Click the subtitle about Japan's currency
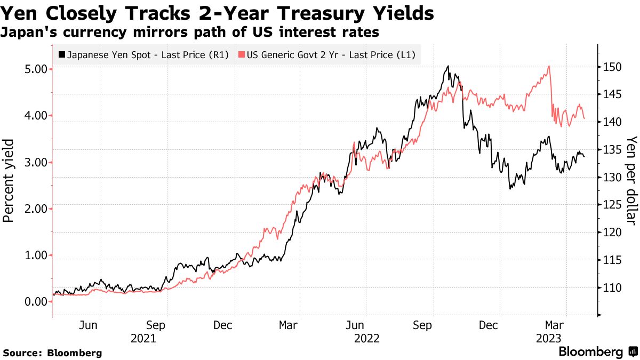[x=190, y=33]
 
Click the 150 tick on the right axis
[x=609, y=67]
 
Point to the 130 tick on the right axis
[x=609, y=177]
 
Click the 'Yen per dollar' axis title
[x=631, y=180]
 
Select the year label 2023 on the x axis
[x=548, y=338]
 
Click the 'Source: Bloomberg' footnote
[x=52, y=353]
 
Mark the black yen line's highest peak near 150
[x=448, y=67]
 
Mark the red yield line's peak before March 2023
[x=548, y=67]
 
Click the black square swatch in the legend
[x=62, y=54]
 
